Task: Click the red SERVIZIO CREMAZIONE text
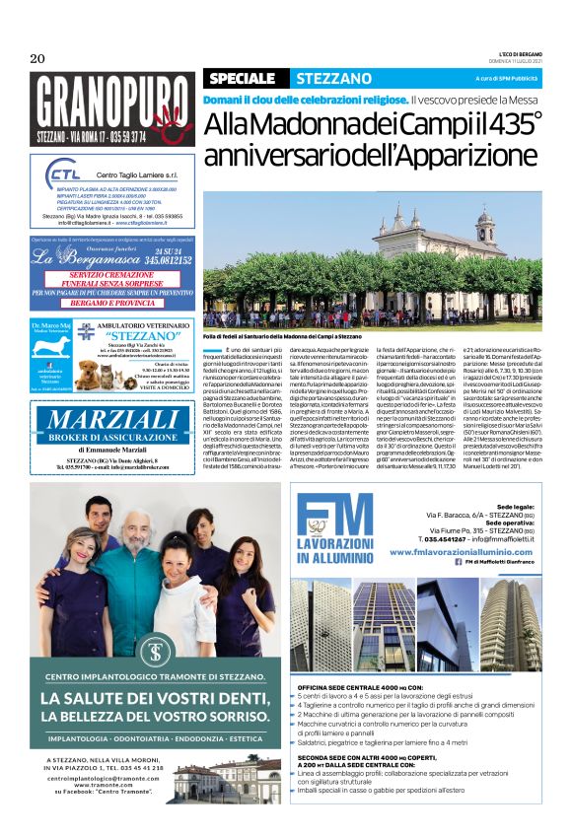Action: (112, 275)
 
